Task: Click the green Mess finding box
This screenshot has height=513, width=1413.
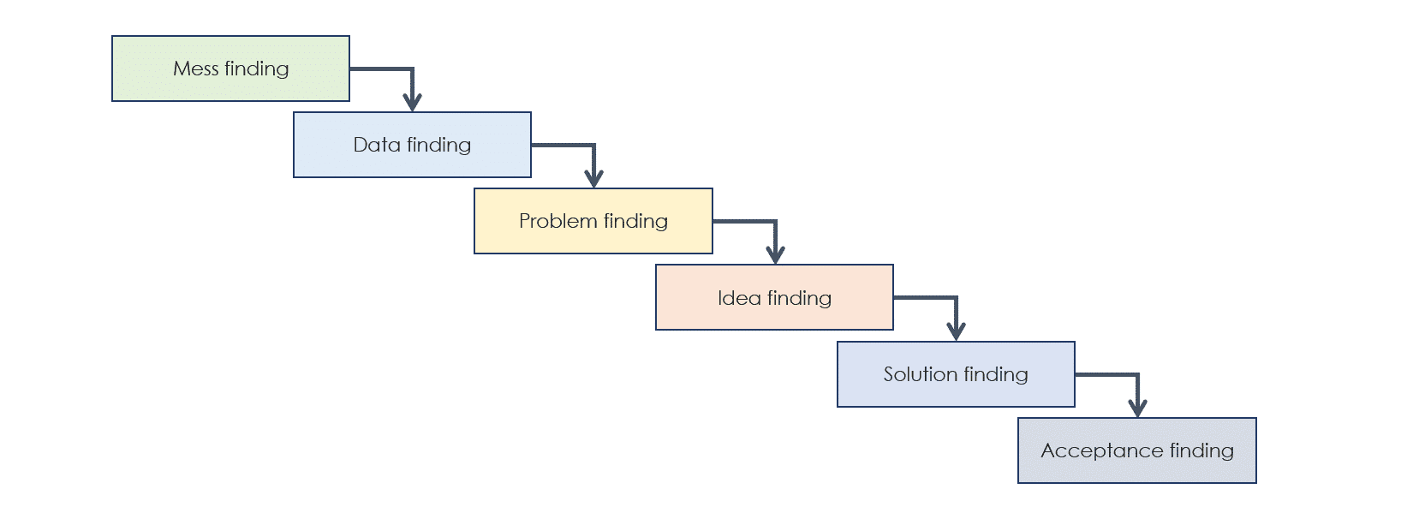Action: point(231,69)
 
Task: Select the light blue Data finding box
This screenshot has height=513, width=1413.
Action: point(412,145)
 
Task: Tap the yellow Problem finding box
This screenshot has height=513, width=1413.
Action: point(593,221)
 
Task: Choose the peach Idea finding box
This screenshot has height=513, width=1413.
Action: point(775,297)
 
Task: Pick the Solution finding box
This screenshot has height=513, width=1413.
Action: point(957,374)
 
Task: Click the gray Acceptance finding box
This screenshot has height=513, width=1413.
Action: point(1137,450)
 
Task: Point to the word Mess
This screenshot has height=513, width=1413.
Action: point(195,69)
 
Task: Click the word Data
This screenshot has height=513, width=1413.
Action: point(377,145)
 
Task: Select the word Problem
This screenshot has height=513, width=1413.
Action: point(558,221)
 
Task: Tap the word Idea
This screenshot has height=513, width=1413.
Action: point(739,297)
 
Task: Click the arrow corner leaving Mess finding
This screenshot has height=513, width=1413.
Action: point(413,69)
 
